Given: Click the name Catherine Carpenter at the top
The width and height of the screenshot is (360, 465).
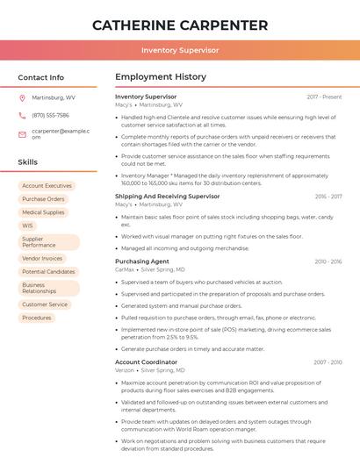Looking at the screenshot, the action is [180, 25].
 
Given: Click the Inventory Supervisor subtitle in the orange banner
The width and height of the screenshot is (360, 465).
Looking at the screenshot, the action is [180, 50].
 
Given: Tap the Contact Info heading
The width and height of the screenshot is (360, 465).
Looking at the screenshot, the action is [41, 77].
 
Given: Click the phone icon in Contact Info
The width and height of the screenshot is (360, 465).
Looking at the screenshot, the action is [22, 115].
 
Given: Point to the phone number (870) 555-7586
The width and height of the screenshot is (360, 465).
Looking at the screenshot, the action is [50, 115].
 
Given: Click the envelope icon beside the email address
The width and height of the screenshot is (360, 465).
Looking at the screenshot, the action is [22, 133].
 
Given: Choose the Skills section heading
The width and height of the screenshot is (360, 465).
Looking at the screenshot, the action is [28, 162].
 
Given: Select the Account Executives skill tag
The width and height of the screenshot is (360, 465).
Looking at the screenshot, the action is [47, 186].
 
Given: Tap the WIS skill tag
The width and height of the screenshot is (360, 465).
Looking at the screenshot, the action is [28, 225].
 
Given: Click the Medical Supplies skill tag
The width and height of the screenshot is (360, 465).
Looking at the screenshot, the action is [43, 212].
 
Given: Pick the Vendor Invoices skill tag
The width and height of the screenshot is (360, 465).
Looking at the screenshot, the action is [42, 259].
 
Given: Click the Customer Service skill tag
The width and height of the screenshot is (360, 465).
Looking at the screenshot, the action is [45, 304].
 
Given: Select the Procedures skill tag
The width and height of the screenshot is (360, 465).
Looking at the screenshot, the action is [37, 318].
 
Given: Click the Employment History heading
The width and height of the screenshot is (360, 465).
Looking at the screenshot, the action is [161, 77].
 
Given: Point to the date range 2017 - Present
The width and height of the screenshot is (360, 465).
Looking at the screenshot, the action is [324, 97].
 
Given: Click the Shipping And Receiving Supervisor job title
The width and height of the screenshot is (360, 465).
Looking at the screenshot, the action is [168, 197].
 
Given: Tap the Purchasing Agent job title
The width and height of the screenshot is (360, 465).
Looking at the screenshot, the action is [142, 261].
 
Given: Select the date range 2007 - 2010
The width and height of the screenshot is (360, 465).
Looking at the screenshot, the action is [328, 361].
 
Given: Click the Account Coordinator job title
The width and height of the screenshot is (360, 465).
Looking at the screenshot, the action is [147, 361].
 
